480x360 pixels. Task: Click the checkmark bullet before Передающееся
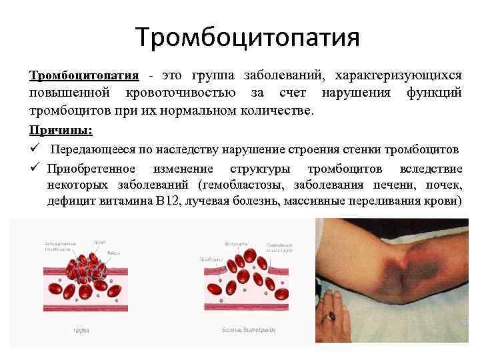(34, 147)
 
